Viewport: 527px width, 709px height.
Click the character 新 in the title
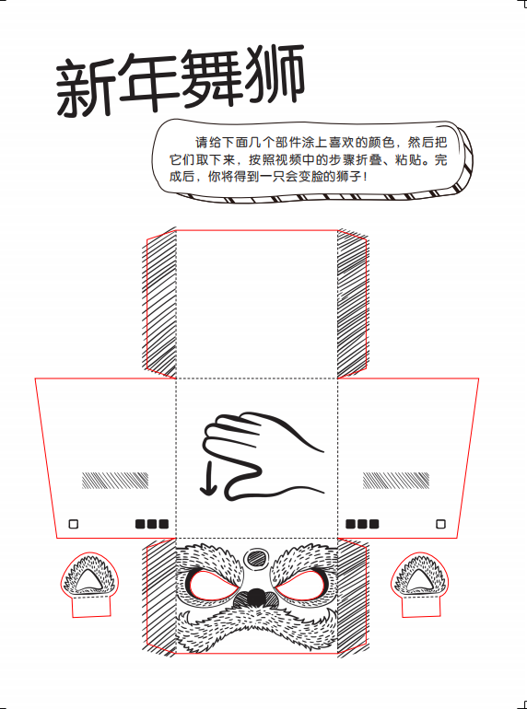click(85, 87)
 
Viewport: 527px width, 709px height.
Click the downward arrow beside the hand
click(208, 479)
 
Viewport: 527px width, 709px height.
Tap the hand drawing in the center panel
click(263, 456)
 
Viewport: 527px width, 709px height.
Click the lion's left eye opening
click(212, 585)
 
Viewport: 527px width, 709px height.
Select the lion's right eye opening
click(299, 585)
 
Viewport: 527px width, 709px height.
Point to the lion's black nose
click(256, 596)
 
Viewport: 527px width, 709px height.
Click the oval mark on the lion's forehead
click(255, 557)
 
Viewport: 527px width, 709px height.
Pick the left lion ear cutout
click(91, 584)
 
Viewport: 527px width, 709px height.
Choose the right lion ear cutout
click(420, 584)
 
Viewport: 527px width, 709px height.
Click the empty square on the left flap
click(74, 524)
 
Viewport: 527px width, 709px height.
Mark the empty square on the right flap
click(440, 524)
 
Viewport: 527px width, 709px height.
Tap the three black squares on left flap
click(152, 524)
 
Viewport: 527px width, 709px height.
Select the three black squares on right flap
click(362, 524)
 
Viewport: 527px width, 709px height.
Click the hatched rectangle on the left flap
click(115, 481)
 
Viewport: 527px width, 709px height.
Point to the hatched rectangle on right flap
click(396, 481)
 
